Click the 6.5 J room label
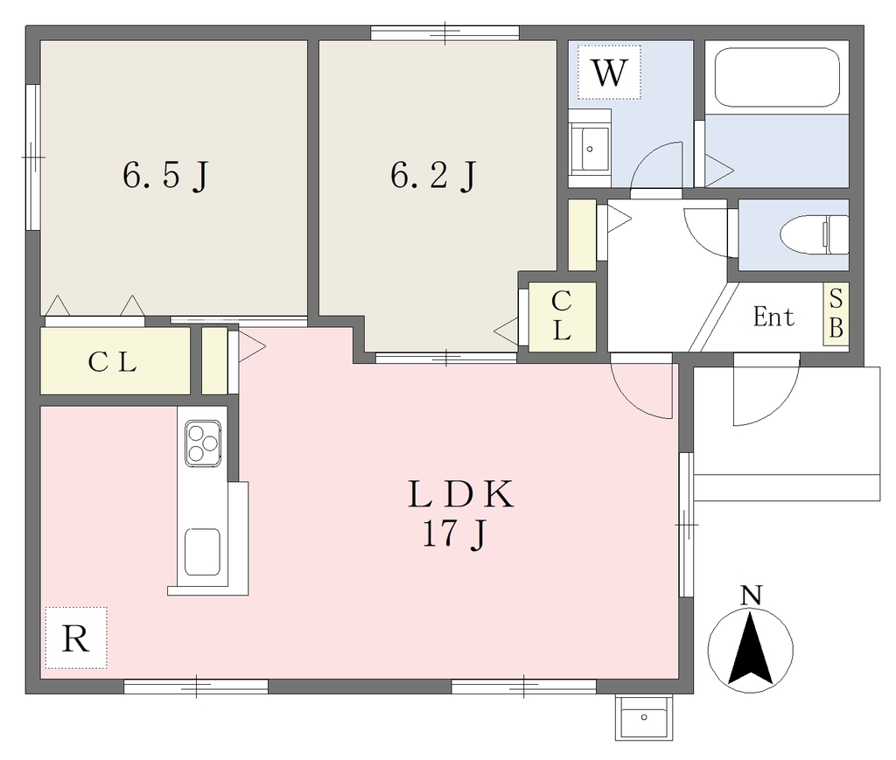coord(165,175)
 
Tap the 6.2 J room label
coord(433,175)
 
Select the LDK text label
coord(460,494)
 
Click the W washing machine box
coord(609,73)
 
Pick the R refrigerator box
coord(76,638)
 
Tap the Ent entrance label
coord(773,317)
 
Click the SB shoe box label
coord(836,313)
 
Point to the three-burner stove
coord(203,443)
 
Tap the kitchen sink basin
coord(202,552)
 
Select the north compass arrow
coord(750,648)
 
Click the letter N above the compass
coord(751,596)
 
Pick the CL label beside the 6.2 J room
coord(562,316)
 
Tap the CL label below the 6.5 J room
coord(113,361)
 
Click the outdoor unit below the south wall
coord(644,716)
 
